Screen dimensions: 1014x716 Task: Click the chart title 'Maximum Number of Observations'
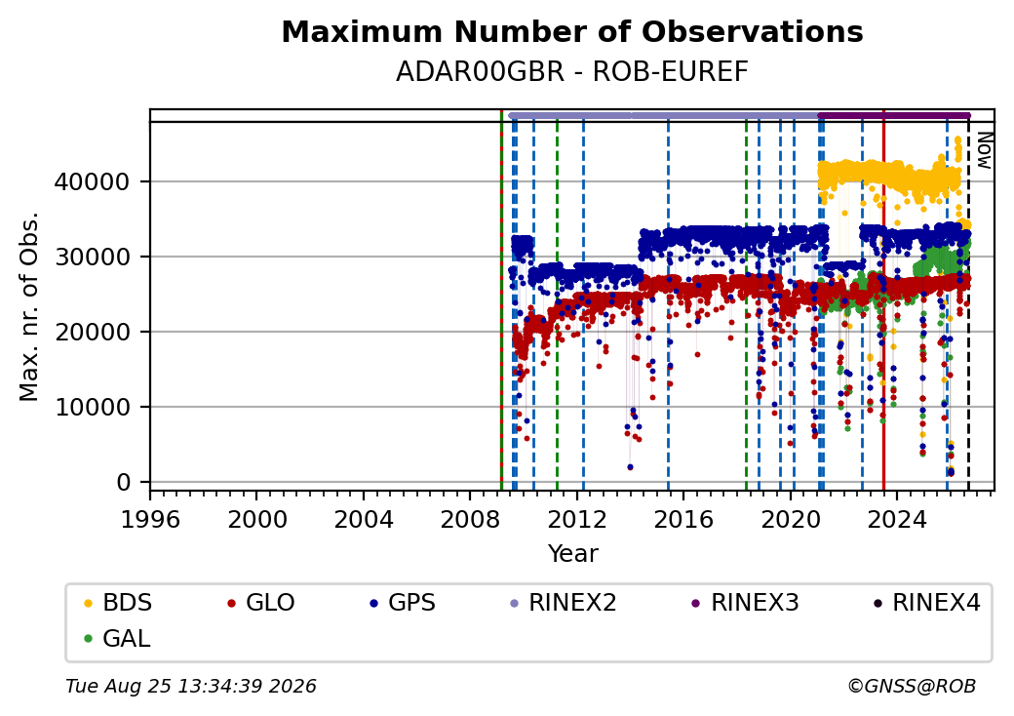coord(572,31)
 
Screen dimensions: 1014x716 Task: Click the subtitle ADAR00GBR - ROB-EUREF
coord(572,72)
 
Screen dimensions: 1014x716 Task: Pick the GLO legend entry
coord(261,603)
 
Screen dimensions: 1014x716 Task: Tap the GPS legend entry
coord(403,603)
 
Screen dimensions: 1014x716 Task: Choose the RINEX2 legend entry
coord(564,603)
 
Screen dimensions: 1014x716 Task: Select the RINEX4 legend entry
coord(927,603)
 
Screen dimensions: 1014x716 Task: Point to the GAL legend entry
coord(118,638)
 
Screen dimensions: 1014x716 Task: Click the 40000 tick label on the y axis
coord(92,181)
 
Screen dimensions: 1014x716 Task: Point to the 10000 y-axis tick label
coord(92,408)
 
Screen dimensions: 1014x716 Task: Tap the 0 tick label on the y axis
coord(124,483)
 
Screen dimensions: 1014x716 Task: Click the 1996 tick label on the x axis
coord(151,519)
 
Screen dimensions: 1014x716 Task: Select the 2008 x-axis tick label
coord(470,519)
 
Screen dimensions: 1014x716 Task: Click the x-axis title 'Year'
coord(572,554)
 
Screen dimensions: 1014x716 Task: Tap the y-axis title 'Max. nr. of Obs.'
coord(29,306)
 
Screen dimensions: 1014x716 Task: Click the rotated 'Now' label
coord(984,150)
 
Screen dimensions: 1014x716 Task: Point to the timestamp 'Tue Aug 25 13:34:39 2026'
coord(191,686)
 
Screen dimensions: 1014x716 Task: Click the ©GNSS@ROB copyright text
coord(912,686)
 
